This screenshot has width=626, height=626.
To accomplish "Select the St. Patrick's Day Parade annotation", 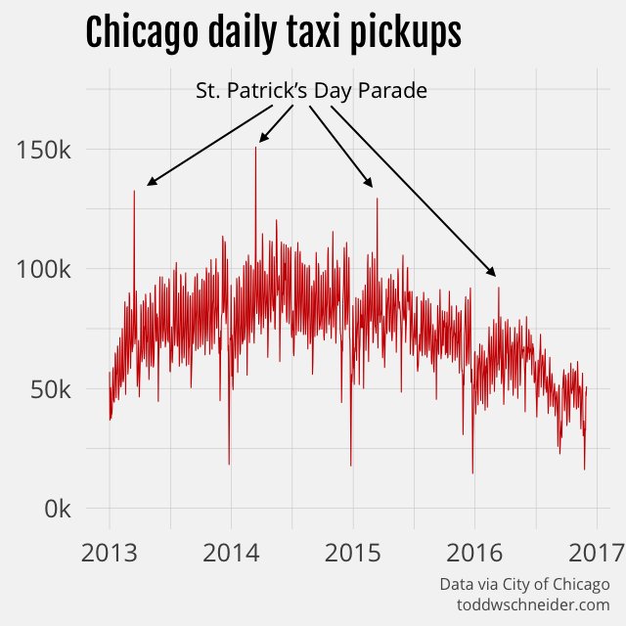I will [x=311, y=91].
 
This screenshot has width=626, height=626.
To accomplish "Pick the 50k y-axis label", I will [x=51, y=389].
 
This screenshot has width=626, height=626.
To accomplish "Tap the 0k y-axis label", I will [x=57, y=509].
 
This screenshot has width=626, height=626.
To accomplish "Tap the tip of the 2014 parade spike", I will [x=255, y=148].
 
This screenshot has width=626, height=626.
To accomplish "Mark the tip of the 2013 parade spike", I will [x=134, y=191].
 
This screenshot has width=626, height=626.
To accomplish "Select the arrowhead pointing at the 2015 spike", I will [x=370, y=183].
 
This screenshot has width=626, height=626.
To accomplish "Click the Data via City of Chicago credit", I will [x=524, y=584].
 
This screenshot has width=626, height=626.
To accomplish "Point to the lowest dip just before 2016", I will [x=472, y=472].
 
